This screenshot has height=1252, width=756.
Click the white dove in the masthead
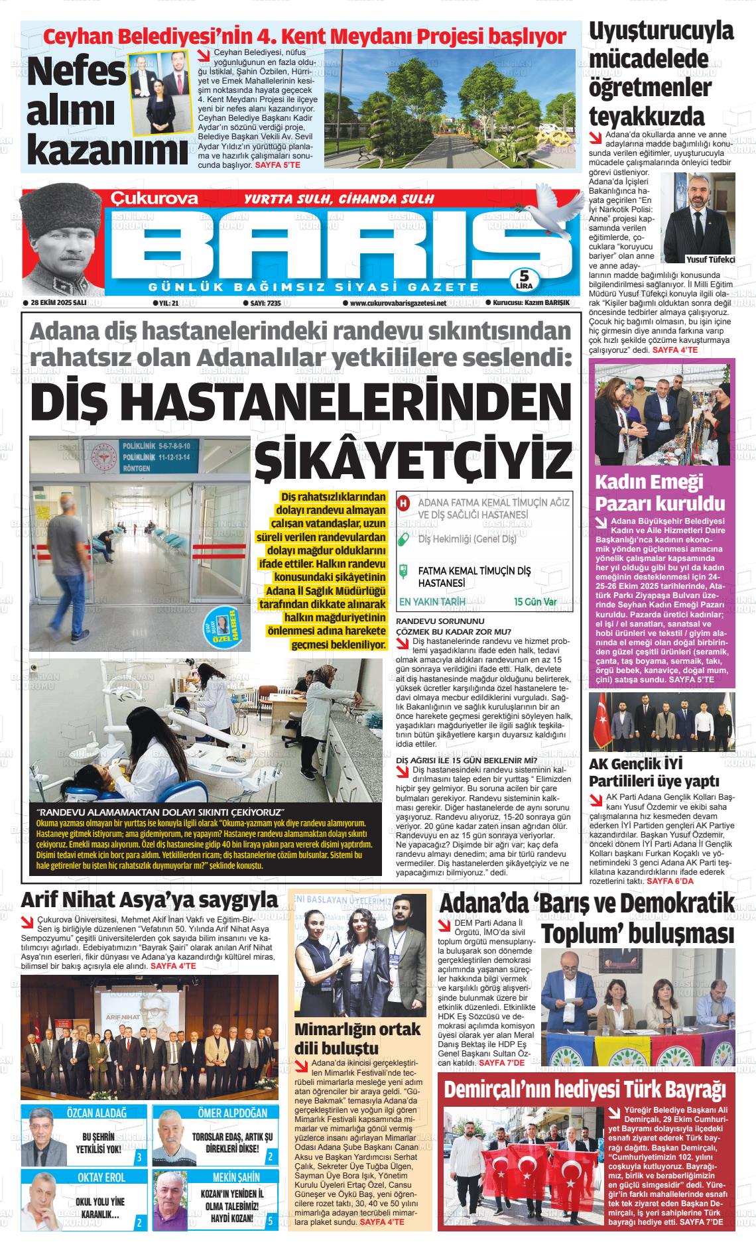click(550, 214)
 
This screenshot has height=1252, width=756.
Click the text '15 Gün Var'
click(535, 602)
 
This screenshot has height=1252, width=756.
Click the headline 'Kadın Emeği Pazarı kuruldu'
click(650, 492)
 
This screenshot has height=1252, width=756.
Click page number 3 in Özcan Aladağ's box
click(138, 1158)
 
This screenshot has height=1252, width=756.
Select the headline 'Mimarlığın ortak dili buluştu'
click(357, 1039)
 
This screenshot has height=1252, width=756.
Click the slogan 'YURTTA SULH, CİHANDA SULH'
click(339, 199)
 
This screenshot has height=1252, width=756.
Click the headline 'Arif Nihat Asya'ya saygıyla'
click(149, 900)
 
